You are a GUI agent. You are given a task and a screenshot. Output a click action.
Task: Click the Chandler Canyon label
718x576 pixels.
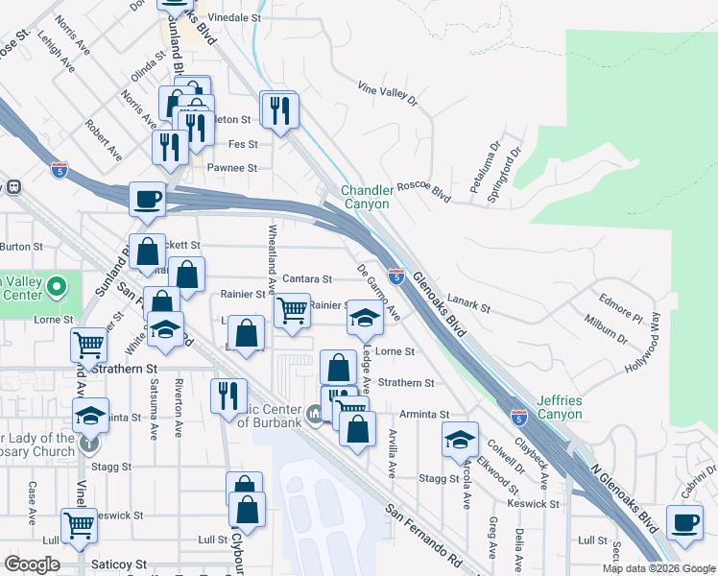pos(366,197)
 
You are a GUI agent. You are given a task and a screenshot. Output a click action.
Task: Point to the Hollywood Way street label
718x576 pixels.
pos(642,341)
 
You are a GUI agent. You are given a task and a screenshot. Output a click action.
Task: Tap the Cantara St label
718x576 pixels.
pos(307,279)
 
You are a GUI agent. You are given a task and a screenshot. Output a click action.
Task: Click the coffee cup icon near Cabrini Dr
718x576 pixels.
pos(684,523)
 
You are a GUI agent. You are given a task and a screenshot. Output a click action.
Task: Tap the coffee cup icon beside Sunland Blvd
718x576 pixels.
pos(147,199)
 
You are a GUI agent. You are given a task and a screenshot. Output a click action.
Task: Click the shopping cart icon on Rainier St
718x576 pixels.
pos(291,310)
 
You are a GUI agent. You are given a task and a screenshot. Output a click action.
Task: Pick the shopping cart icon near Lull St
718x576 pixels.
pos(79,525)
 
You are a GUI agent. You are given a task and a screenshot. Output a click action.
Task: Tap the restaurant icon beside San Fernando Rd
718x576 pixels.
pos(227,395)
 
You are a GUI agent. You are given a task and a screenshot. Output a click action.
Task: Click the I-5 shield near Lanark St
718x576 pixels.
pos(395,276)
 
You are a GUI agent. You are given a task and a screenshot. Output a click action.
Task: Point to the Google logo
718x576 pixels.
pos(32,564)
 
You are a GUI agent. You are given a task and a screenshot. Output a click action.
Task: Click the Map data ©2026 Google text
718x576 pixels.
pos(657,568)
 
